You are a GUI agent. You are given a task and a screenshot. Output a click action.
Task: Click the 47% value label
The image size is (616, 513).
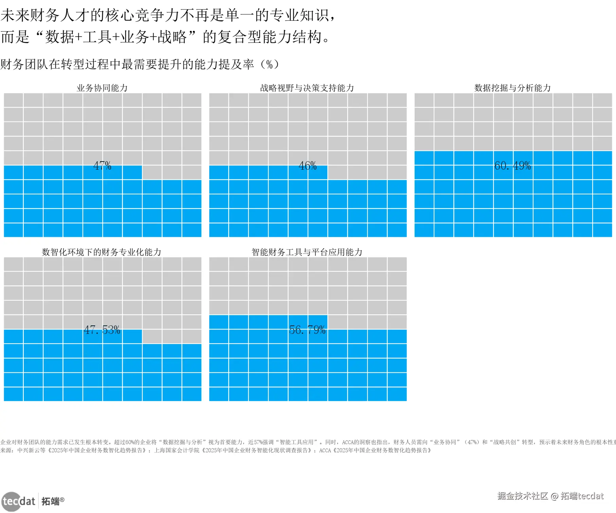tap(102, 166)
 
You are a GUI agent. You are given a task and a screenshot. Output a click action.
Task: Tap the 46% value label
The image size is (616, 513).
tap(307, 166)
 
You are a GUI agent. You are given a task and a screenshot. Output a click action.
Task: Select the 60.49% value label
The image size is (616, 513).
tap(512, 166)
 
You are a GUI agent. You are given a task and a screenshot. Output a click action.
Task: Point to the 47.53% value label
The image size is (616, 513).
tap(102, 330)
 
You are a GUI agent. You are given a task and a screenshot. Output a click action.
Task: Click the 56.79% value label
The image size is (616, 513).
tap(307, 330)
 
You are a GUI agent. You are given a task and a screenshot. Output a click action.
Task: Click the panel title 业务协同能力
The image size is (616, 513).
tap(102, 88)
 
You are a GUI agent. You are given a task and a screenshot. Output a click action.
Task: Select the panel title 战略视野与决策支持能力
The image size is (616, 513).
tap(307, 88)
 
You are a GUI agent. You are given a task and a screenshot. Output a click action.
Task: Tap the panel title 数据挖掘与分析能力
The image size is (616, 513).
tap(512, 88)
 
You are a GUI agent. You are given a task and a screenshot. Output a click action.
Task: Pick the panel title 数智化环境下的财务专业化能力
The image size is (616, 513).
tap(102, 252)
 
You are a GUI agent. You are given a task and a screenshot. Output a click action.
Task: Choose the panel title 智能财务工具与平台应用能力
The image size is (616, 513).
tap(307, 252)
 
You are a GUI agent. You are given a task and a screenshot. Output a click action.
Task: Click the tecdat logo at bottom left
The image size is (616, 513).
tap(19, 501)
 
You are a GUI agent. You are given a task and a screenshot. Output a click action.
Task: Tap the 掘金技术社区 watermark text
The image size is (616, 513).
tap(523, 496)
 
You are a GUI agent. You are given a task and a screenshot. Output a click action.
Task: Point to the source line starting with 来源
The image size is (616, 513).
tap(216, 450)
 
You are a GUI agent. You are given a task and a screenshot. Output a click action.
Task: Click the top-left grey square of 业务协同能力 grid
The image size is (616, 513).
tap(13, 100)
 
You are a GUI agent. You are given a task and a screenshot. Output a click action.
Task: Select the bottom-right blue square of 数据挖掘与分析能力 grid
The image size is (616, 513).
tap(602, 230)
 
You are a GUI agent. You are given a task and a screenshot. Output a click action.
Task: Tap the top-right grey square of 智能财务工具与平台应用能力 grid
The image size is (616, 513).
tap(397, 264)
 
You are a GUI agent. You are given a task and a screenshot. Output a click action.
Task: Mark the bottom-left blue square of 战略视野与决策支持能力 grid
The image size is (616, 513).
tap(219, 230)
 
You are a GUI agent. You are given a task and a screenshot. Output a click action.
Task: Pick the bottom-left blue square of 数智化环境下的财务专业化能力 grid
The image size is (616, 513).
tap(13, 394)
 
